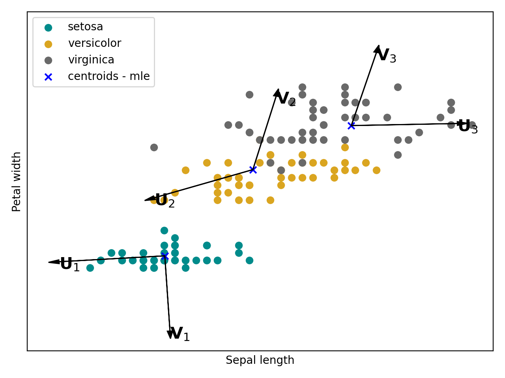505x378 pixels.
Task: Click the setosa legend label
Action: point(85,27)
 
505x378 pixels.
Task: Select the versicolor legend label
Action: point(94,43)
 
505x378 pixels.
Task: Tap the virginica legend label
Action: point(91,60)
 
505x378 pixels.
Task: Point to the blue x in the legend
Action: point(48,77)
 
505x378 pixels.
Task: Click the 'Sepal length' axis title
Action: point(260,360)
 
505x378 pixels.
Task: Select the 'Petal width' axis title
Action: point(17,182)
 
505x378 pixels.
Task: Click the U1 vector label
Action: point(69,265)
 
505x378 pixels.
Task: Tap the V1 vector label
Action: point(180,334)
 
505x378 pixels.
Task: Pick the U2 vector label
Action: point(165,201)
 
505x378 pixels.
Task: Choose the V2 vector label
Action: point(286,99)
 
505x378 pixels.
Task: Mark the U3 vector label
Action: point(468,127)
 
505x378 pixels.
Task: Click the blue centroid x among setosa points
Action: point(165,256)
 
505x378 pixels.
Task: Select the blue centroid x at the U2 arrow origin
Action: point(253,170)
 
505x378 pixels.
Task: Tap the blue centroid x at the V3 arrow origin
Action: point(351,126)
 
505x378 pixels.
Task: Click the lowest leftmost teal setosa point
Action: point(90,268)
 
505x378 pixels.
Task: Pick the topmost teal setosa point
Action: point(164,230)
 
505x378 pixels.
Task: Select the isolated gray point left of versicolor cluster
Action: point(154,147)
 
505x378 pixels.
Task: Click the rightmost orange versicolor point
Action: point(376,170)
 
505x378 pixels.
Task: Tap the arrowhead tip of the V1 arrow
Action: point(170,339)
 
